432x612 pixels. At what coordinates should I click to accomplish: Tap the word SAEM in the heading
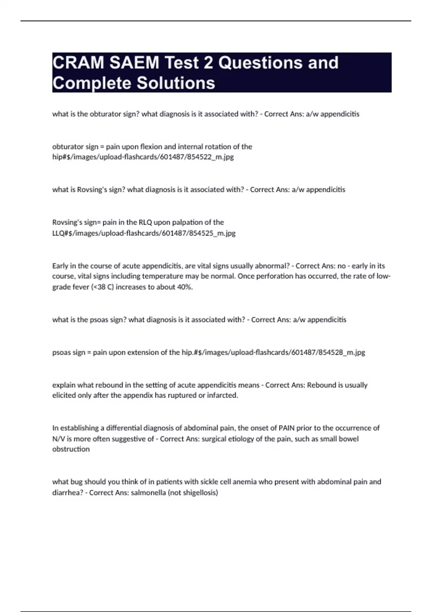134,63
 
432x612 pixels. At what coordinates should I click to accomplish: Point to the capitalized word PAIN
287,428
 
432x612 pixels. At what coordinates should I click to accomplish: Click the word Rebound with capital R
320,385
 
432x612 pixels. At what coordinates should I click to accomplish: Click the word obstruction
71,449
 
